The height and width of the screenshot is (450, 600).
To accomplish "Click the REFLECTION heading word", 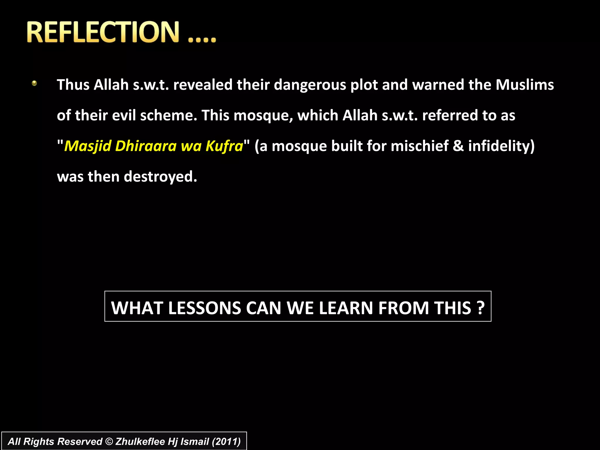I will click(x=103, y=32).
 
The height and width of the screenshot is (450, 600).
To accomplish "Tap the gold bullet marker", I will click(x=34, y=83).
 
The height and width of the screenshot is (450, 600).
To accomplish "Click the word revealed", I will click(x=203, y=85).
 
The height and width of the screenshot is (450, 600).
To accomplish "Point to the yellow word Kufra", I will click(x=224, y=146).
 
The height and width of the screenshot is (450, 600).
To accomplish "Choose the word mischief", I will click(x=420, y=146).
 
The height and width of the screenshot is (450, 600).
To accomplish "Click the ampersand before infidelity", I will click(x=458, y=146).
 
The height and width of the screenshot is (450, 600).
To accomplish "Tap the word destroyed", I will click(x=160, y=177).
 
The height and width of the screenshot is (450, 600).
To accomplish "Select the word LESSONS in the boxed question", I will click(x=204, y=308).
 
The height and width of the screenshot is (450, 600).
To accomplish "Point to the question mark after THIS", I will click(x=480, y=308).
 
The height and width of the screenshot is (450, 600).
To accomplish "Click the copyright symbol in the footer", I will click(x=109, y=442).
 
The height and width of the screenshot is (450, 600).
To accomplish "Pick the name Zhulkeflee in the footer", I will click(x=140, y=442).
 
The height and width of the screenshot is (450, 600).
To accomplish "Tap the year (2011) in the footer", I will click(x=226, y=442).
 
